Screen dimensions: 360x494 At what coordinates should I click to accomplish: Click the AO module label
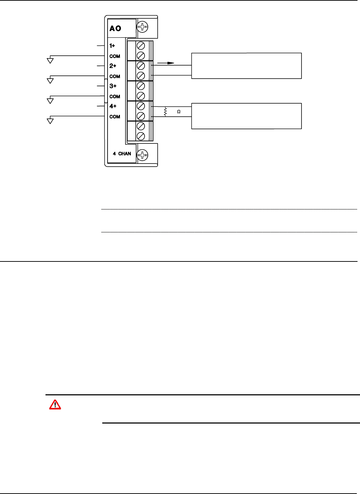(115, 29)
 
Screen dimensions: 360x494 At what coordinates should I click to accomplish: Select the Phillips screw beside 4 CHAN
(142, 154)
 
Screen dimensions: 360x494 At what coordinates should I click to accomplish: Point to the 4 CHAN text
(122, 154)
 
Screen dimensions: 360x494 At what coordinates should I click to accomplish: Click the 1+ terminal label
(112, 46)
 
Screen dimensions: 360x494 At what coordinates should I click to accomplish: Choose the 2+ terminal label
(113, 66)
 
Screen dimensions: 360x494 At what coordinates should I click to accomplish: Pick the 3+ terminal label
(113, 86)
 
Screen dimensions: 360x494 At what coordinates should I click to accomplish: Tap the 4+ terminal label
(113, 106)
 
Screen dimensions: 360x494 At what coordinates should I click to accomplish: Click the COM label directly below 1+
(115, 56)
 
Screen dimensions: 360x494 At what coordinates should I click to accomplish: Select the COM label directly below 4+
(115, 117)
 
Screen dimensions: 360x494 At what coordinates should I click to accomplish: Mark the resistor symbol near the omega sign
(165, 112)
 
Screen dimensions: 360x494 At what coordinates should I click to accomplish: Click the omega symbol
(179, 112)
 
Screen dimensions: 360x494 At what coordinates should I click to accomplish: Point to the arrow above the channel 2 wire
(166, 63)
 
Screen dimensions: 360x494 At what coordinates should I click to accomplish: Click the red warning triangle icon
(55, 405)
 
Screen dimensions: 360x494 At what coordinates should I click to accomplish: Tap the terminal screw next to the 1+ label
(141, 46)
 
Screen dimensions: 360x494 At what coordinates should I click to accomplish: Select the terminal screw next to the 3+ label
(141, 86)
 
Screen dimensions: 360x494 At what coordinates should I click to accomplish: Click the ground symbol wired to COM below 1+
(50, 60)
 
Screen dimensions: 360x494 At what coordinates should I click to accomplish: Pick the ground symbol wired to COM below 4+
(50, 121)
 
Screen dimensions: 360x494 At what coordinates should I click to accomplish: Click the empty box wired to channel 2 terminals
(246, 66)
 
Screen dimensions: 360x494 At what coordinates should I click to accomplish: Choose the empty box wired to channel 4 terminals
(246, 116)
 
